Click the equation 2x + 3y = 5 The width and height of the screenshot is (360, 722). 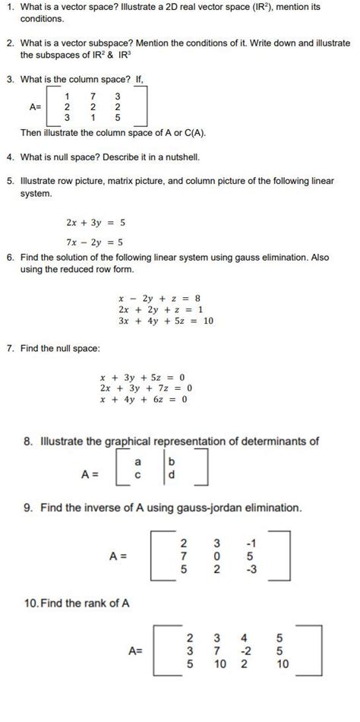click(95, 223)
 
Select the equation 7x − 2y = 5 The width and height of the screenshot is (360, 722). click(95, 242)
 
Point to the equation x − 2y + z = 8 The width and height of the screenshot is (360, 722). click(159, 299)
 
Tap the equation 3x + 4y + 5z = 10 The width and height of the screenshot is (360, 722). click(166, 321)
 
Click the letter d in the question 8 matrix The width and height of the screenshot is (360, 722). click(171, 475)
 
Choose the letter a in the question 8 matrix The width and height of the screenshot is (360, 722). click(137, 462)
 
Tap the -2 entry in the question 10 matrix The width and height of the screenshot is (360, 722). click(244, 651)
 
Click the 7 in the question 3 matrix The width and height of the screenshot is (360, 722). click(92, 96)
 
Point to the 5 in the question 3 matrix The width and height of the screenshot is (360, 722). click(118, 118)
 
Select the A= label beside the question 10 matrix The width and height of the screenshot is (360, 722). click(137, 651)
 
